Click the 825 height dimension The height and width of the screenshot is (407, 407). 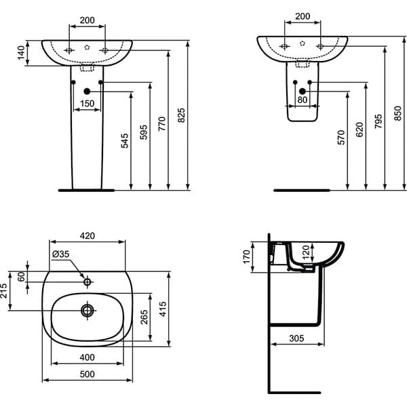pyautogui.click(x=181, y=116)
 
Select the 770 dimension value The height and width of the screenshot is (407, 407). pyautogui.click(x=162, y=123)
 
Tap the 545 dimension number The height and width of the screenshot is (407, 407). pyautogui.click(x=125, y=142)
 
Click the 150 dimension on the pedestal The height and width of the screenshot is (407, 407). pyautogui.click(x=87, y=104)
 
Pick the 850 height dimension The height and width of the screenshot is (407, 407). pyautogui.click(x=398, y=116)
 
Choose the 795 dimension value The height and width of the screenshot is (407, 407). pyautogui.click(x=379, y=123)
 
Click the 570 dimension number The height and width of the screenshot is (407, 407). pyautogui.click(x=341, y=137)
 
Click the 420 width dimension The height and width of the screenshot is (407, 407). pyautogui.click(x=88, y=236)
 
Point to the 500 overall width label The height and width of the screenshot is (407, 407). pyautogui.click(x=87, y=374)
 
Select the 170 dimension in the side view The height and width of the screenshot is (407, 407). pyautogui.click(x=247, y=255)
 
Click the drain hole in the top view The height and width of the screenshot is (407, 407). pyautogui.click(x=88, y=311)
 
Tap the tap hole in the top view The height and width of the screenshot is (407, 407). pyautogui.click(x=87, y=281)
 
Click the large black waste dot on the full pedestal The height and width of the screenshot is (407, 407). pyautogui.click(x=87, y=92)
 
